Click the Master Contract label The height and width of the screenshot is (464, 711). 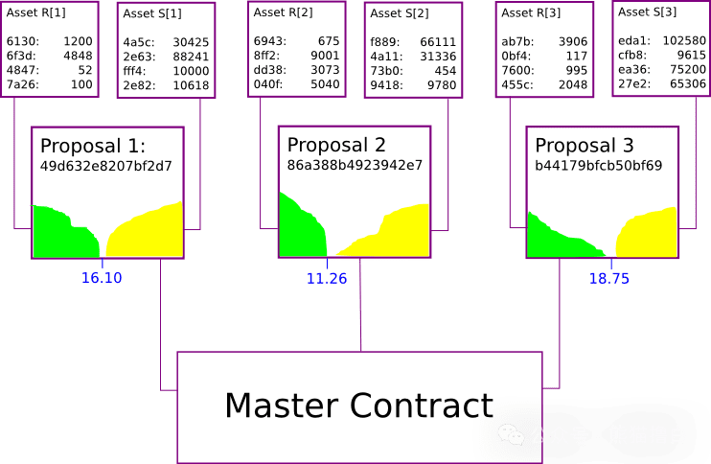pos(358,405)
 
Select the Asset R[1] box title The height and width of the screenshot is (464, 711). pos(36,12)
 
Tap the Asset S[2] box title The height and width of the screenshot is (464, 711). pos(400,13)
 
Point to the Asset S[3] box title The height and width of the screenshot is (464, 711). pos(648,12)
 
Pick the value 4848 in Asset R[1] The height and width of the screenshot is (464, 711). pos(78,57)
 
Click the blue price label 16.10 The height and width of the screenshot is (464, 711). pos(101,278)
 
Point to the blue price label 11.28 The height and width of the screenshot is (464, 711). pos(327,279)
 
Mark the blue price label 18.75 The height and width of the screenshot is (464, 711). pos(609,278)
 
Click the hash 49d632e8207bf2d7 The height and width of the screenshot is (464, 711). pos(105,166)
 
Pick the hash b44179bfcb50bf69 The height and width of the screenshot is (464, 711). pos(599,165)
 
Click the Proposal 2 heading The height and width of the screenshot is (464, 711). pos(336,145)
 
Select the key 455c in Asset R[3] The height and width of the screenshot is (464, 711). pos(517,84)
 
